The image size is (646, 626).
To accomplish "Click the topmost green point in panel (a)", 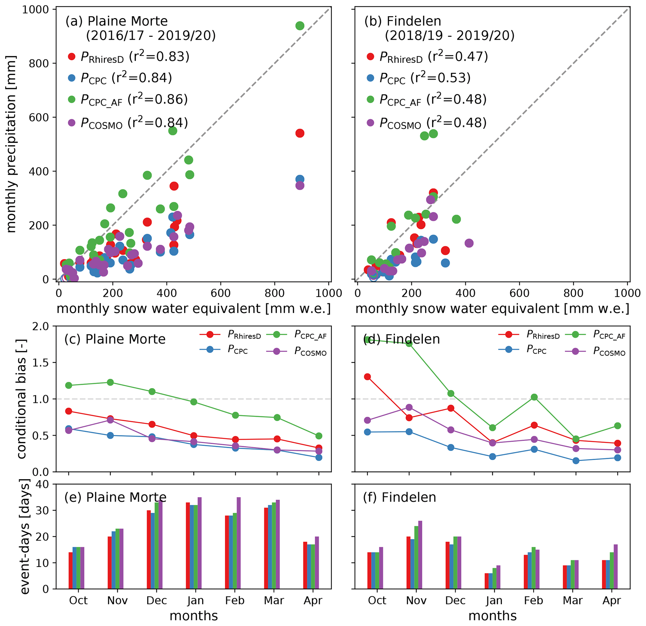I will (x=300, y=26).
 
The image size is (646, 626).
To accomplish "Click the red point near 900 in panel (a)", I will (x=300, y=133).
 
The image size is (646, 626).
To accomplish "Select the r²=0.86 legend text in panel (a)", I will (x=158, y=99).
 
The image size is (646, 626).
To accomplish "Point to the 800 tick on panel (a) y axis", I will (x=39, y=63).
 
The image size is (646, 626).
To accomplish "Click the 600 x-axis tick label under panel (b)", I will (x=519, y=293).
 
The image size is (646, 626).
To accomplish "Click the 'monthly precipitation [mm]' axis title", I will (x=11, y=144).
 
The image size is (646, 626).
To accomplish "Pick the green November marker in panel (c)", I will (x=110, y=383).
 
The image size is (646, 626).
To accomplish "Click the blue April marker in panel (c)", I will (x=319, y=458).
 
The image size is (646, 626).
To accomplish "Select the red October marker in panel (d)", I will (x=368, y=377).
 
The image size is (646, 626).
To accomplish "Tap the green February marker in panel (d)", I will (x=534, y=397).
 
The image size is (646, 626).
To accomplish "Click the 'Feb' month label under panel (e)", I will (x=235, y=601).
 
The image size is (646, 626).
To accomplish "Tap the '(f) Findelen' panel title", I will (x=399, y=498).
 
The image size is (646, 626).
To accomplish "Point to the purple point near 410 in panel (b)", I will (x=469, y=243).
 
